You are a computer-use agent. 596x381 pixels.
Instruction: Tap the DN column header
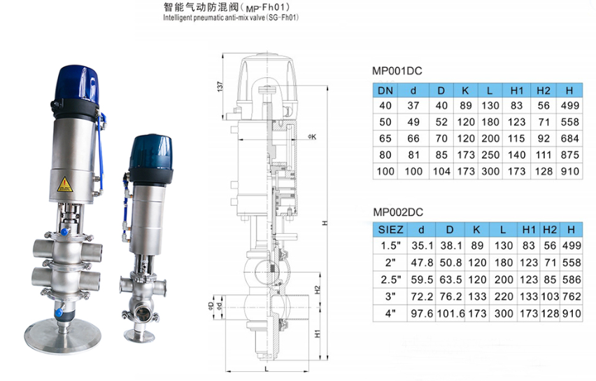(x=385, y=90)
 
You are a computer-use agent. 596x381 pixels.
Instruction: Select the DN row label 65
(x=385, y=139)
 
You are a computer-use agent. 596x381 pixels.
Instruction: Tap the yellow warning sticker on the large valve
(x=64, y=184)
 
